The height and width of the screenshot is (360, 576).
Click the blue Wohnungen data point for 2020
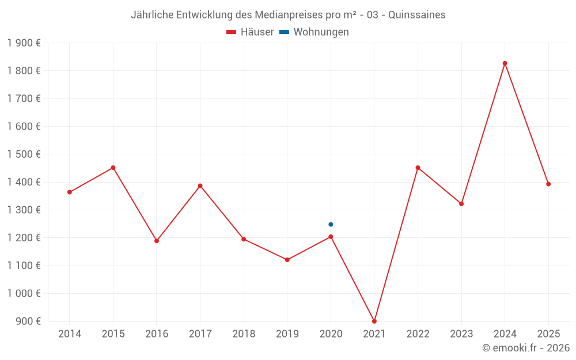pyautogui.click(x=331, y=225)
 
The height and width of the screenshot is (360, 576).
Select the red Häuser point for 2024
pyautogui.click(x=505, y=63)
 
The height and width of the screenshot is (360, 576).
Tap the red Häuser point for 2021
pyautogui.click(x=374, y=321)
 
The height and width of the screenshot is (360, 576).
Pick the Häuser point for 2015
pyautogui.click(x=113, y=168)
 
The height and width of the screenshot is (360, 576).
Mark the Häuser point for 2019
pyautogui.click(x=287, y=260)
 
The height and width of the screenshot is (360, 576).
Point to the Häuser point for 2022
pyautogui.click(x=418, y=168)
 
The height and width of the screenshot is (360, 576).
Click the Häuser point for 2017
pyautogui.click(x=200, y=186)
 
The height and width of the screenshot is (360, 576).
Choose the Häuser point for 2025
pyautogui.click(x=548, y=184)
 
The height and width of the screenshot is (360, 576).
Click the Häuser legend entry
pyautogui.click(x=250, y=32)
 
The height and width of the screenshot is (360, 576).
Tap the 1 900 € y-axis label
pyautogui.click(x=24, y=43)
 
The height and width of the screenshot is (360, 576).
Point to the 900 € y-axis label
pyautogui.click(x=28, y=321)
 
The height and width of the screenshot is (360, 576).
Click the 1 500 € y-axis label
pyautogui.click(x=24, y=154)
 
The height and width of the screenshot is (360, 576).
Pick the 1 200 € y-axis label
pyautogui.click(x=24, y=238)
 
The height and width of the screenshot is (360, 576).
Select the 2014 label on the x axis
pyautogui.click(x=70, y=334)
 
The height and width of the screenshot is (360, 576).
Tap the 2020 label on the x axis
pyautogui.click(x=331, y=334)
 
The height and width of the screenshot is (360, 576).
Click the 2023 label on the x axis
pyautogui.click(x=461, y=334)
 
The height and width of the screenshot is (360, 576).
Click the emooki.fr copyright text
pyautogui.click(x=526, y=348)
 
